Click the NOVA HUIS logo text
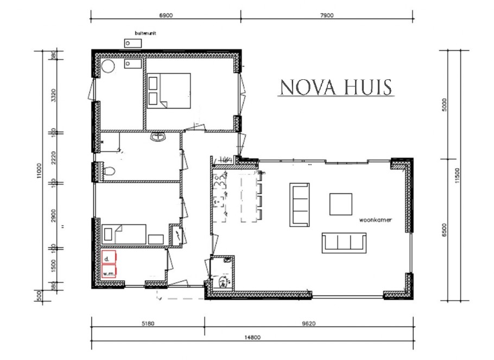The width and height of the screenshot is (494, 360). [335, 87]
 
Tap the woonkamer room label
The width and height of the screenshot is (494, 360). [376, 220]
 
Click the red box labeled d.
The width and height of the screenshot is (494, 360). [109, 257]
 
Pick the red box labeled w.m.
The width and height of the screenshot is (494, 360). [109, 274]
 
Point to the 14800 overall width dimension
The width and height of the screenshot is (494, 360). [253, 337]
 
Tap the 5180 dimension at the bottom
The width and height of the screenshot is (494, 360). [147, 323]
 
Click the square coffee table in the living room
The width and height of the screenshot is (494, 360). [341, 204]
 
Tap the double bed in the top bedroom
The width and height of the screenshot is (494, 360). [169, 91]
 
